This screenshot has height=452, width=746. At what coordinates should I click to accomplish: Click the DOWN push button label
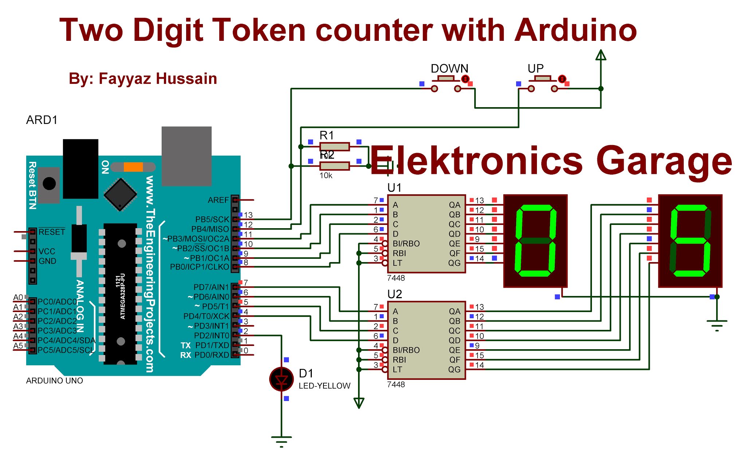tap(449, 69)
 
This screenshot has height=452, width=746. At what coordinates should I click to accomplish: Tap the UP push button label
tap(535, 69)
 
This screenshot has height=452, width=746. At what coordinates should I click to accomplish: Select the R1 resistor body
tap(334, 147)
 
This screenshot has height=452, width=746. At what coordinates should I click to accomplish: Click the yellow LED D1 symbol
tap(281, 379)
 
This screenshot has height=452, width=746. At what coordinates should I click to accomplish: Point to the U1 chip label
tap(394, 188)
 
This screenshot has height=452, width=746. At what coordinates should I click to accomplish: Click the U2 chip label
tap(394, 294)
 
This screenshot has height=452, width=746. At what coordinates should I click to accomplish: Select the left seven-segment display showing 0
tap(535, 241)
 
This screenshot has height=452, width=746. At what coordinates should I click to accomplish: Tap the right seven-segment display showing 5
tap(690, 241)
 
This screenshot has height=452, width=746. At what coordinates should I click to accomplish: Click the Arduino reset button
tap(49, 184)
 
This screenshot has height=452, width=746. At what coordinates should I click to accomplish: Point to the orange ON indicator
tap(133, 167)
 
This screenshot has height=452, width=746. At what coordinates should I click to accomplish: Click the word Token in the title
tap(259, 31)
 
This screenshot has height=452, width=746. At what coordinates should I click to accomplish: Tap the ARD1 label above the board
tap(42, 120)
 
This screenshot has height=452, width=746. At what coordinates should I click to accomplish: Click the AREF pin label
tap(218, 200)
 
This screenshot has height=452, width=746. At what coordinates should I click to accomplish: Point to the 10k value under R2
tap(326, 176)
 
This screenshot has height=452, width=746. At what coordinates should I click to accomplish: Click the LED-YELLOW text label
tap(324, 386)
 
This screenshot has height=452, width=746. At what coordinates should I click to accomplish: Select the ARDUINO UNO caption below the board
tap(55, 381)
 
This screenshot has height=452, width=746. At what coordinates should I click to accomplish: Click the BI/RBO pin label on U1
tap(406, 243)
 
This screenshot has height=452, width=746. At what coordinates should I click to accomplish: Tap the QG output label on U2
tap(454, 369)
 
